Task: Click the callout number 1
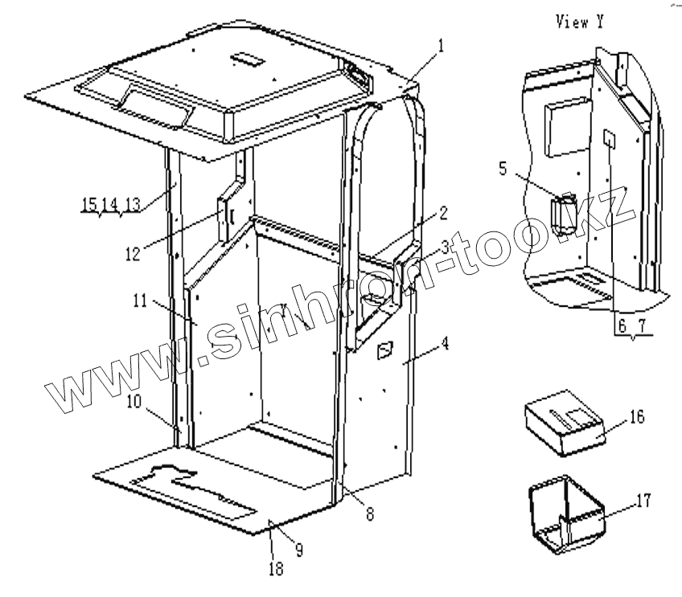[442, 47]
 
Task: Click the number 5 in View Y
[503, 169]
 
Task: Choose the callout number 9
[298, 550]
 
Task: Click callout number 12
[133, 253]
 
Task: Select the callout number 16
[636, 416]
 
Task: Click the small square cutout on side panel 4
[386, 350]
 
